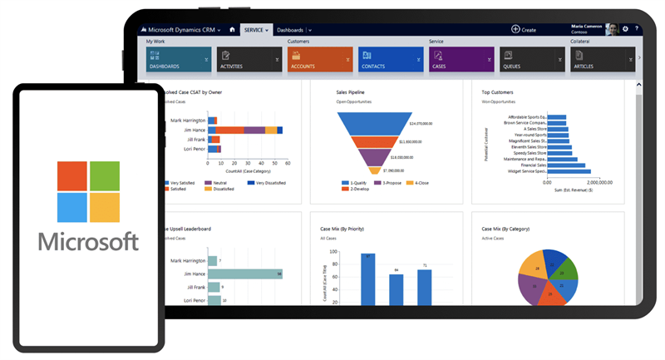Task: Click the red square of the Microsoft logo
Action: point(71,176)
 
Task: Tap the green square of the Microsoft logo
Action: point(105,176)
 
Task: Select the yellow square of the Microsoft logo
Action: point(105,208)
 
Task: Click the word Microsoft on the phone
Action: point(88,242)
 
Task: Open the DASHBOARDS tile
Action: point(178,59)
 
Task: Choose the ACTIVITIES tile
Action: point(249,59)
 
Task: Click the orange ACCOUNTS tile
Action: point(320,59)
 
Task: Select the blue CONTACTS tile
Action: point(391,59)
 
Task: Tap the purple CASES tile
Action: point(461,59)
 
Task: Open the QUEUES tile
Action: point(532,59)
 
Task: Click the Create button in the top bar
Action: point(524,29)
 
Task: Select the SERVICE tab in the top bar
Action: point(254,30)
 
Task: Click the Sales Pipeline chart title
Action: point(350,92)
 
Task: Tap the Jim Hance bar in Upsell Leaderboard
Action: point(245,274)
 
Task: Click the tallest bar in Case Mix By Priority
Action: point(367,279)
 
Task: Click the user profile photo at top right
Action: point(611,29)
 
